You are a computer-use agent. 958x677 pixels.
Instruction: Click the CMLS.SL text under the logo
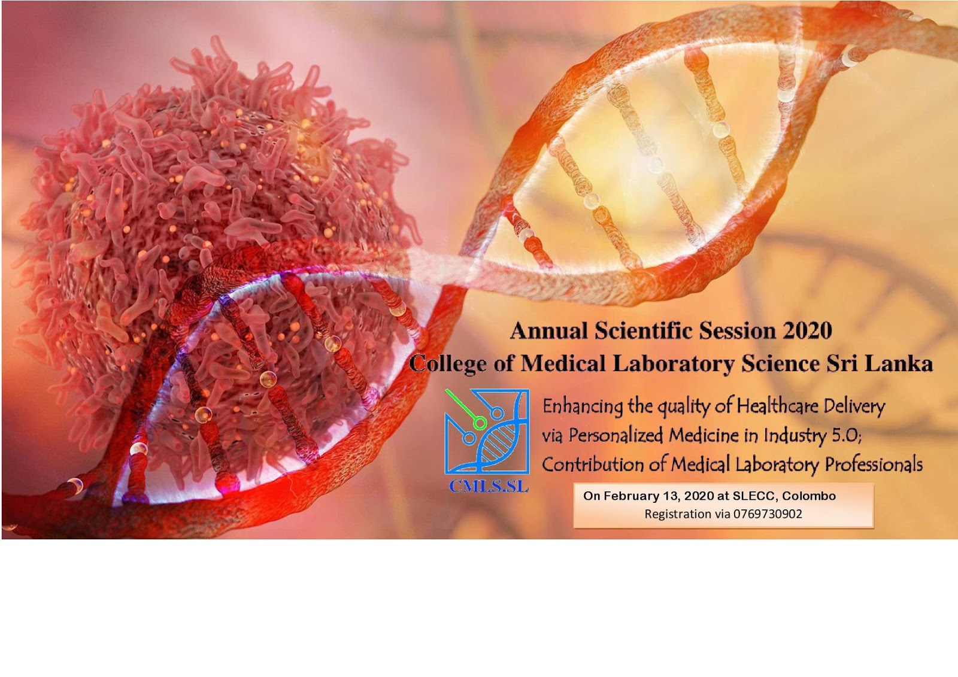pos(489,487)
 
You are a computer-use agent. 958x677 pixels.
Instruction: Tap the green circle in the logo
pos(479,423)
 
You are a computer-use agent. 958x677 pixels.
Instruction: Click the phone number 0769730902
pos(768,514)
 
